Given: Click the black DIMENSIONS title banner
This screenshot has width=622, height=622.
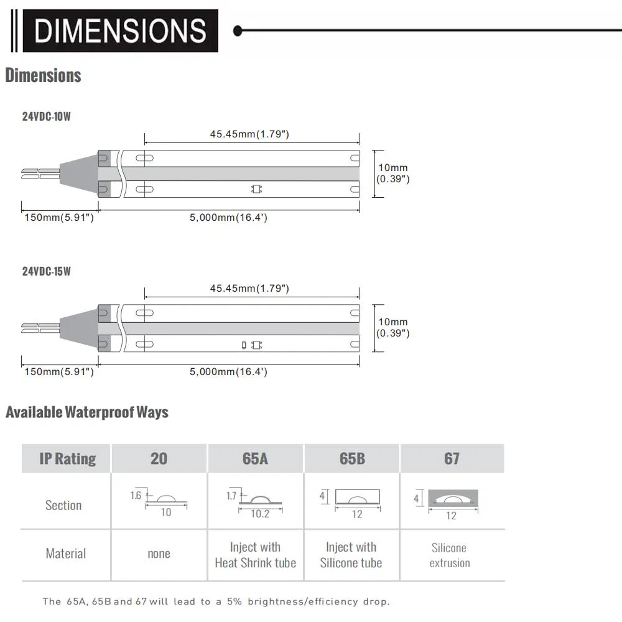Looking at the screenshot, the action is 120,31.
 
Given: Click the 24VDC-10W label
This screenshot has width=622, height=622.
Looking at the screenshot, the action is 47,117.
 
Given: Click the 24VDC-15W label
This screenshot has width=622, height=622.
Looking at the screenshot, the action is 47,271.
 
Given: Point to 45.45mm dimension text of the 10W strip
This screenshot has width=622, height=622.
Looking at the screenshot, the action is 249,134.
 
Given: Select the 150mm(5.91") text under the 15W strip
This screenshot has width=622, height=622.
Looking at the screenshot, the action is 59,372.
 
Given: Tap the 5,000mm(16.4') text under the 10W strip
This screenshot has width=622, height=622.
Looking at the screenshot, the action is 228,217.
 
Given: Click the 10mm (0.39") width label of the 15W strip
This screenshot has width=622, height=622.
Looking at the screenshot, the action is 392,328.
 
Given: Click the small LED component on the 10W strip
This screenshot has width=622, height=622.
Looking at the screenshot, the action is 257,189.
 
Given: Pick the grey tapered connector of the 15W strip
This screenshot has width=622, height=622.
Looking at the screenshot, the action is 79,328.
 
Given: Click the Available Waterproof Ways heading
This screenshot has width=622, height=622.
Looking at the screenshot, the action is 87,412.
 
